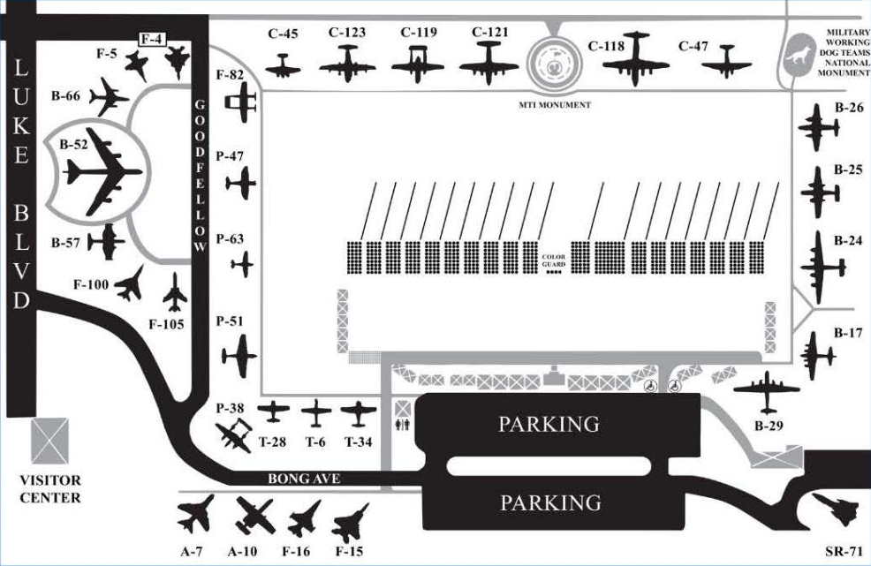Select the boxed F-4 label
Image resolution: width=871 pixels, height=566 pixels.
click(155, 38)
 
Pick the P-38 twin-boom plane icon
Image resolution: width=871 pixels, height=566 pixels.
click(236, 435)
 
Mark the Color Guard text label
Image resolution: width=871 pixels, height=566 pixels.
click(553, 259)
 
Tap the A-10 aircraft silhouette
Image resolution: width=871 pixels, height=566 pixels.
click(255, 515)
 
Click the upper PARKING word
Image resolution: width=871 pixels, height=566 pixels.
click(549, 424)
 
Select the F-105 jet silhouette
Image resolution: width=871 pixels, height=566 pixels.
click(175, 292)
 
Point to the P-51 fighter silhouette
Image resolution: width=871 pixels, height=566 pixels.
click(239, 356)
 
